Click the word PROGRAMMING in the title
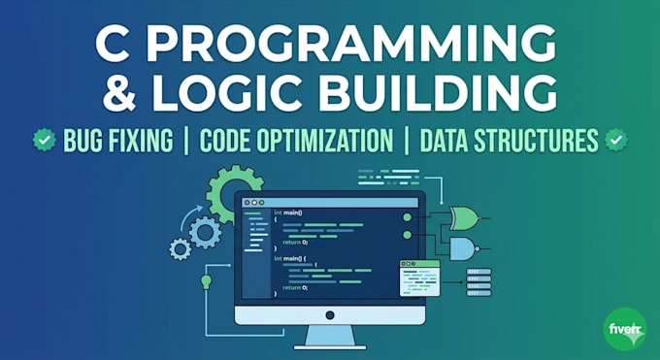pyautogui.click(x=350, y=44)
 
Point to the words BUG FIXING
pyautogui.click(x=117, y=141)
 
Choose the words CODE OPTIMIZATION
pyautogui.click(x=296, y=141)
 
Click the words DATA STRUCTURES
pyautogui.click(x=509, y=141)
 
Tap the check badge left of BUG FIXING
pyautogui.click(x=45, y=140)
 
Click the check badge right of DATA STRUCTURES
pyautogui.click(x=615, y=140)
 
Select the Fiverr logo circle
pyautogui.click(x=625, y=329)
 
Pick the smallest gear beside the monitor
pyautogui.click(x=180, y=248)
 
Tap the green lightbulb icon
pyautogui.click(x=206, y=281)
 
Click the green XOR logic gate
pyautogui.click(x=464, y=218)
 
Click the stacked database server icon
pyautogui.click(x=479, y=282)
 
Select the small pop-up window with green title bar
pyautogui.click(x=419, y=278)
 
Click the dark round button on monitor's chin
pyautogui.click(x=330, y=315)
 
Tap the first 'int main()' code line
pyautogui.click(x=288, y=213)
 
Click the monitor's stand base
pyautogui.click(x=330, y=347)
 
